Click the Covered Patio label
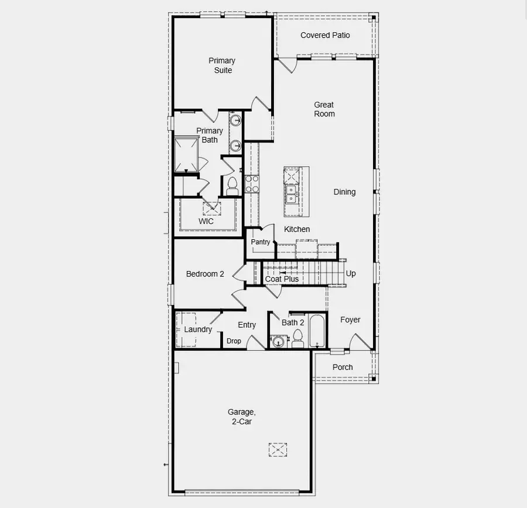click(x=325, y=35)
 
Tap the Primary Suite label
click(x=222, y=65)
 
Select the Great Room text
click(x=324, y=109)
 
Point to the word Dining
click(x=344, y=192)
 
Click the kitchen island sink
click(x=291, y=193)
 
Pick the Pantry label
click(x=261, y=242)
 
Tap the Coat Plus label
click(x=282, y=279)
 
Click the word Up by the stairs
click(x=351, y=273)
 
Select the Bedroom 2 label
click(x=205, y=274)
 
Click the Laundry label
click(x=198, y=329)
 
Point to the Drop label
click(x=234, y=341)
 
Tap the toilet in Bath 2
click(x=297, y=338)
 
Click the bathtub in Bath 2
click(x=317, y=331)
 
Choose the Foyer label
click(x=350, y=320)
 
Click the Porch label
click(x=343, y=367)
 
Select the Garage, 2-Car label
click(x=240, y=416)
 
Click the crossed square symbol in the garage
click(x=278, y=449)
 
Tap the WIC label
click(x=206, y=221)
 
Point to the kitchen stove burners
click(x=252, y=184)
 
